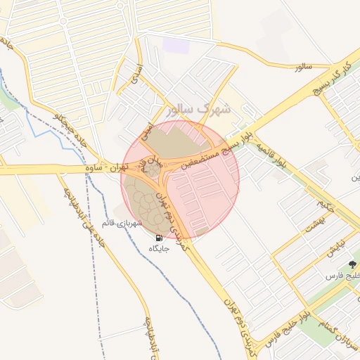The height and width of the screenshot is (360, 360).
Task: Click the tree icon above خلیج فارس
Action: pyautogui.click(x=352, y=264)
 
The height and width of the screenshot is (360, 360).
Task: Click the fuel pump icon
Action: pyautogui.click(x=157, y=238)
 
